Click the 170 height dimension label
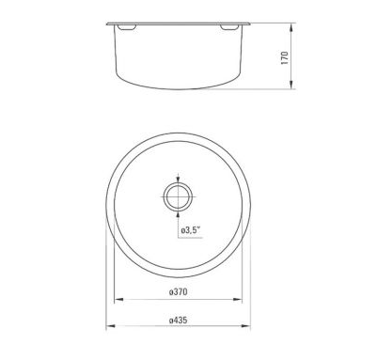285,58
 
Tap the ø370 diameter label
178,291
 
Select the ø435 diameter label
178,321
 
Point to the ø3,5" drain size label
191,231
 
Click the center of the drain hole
178,197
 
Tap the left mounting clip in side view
126,27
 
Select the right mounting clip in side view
229,27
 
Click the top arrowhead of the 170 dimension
291,28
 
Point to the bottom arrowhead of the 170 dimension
291,84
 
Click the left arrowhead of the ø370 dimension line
118,300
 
